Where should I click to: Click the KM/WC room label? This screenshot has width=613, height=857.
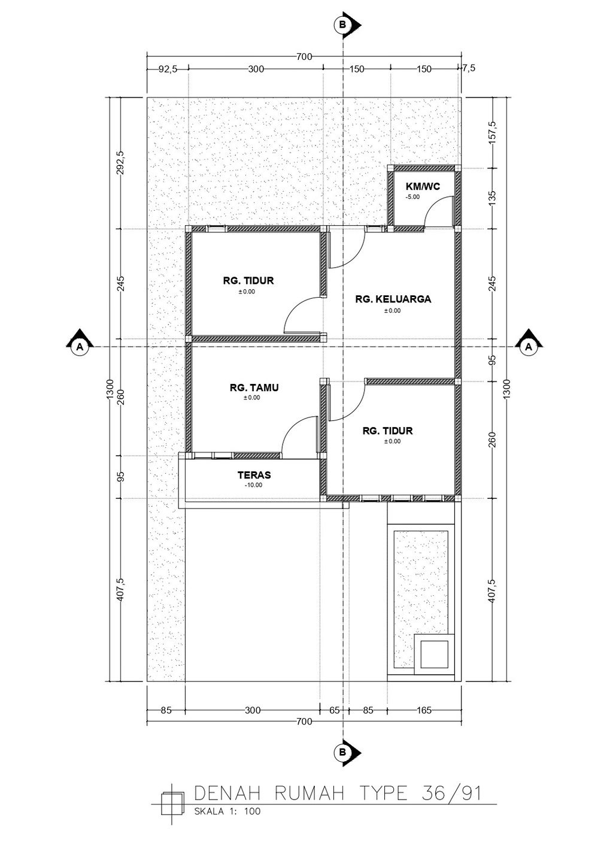[x=423, y=186]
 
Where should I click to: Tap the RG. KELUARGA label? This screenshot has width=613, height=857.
[x=393, y=299]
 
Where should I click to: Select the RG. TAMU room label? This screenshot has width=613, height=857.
[x=254, y=387]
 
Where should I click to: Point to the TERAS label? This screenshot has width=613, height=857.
[x=254, y=475]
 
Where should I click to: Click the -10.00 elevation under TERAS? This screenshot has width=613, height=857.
[x=254, y=485]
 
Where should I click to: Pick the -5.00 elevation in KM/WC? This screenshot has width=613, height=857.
[x=412, y=197]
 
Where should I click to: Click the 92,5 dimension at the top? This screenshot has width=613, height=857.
[x=168, y=69]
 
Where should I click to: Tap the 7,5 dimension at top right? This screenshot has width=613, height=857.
[x=469, y=68]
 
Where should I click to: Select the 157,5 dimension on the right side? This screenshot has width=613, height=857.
[x=492, y=132]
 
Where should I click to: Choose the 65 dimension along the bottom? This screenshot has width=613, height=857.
[x=334, y=710]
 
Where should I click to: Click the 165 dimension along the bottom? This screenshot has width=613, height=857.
[x=424, y=710]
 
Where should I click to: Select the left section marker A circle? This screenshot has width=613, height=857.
[x=80, y=347]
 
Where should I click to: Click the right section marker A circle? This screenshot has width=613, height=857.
[x=529, y=347]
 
